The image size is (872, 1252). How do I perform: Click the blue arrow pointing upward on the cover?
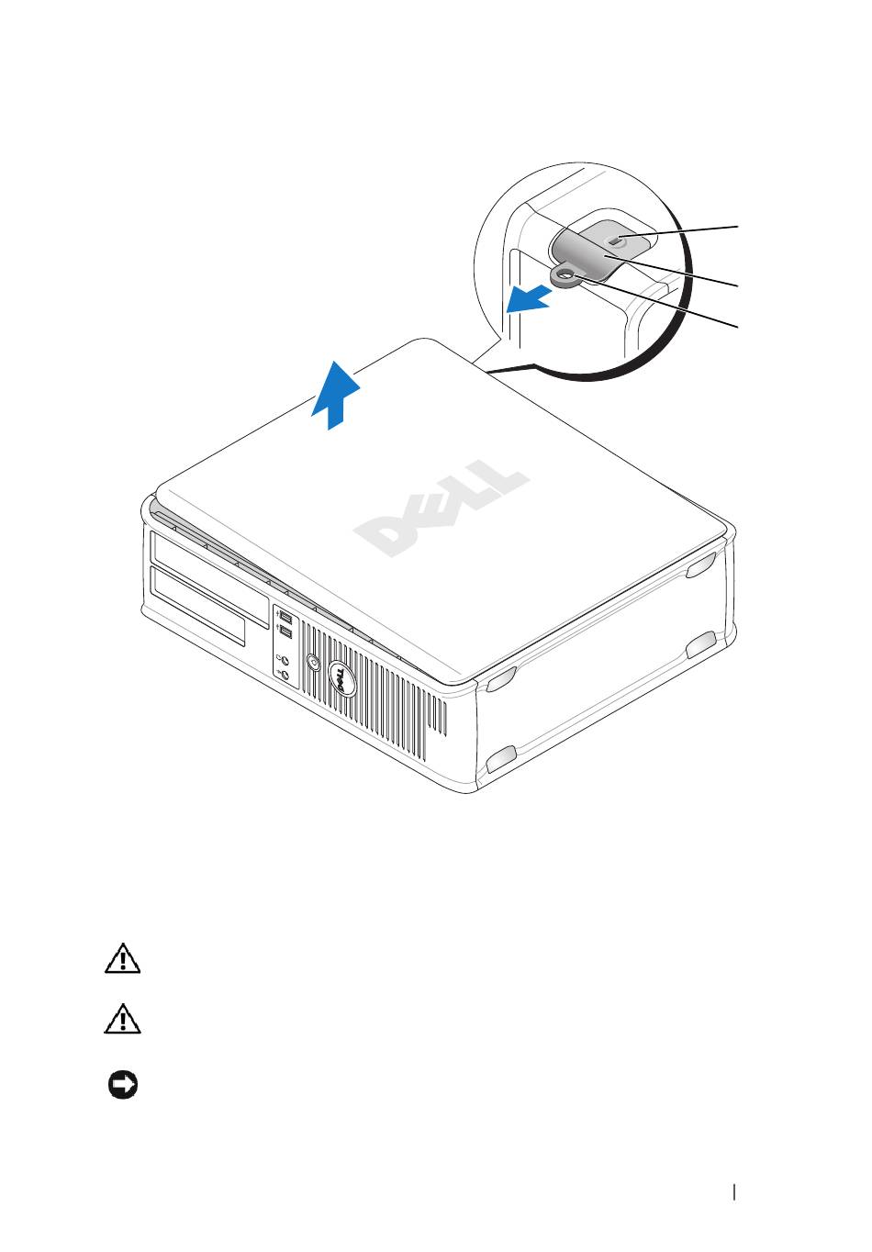(x=335, y=394)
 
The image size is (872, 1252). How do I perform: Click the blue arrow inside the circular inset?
(x=529, y=298)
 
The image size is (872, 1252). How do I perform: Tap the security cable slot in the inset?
(x=616, y=240)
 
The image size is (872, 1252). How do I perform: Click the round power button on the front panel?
(x=314, y=664)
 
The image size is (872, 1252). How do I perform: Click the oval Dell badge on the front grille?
(x=341, y=677)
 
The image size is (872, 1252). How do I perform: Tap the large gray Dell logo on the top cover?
(x=442, y=509)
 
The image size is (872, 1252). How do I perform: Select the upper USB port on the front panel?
(x=286, y=618)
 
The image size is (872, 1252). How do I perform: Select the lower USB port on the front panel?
(x=286, y=632)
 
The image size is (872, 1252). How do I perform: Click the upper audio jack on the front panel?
(x=286, y=660)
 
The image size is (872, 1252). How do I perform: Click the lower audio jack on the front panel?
(x=286, y=676)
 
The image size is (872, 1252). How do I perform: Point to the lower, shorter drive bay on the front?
(x=197, y=607)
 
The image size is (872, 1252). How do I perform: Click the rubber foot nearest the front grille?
(x=501, y=681)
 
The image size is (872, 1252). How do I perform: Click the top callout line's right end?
(x=738, y=227)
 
